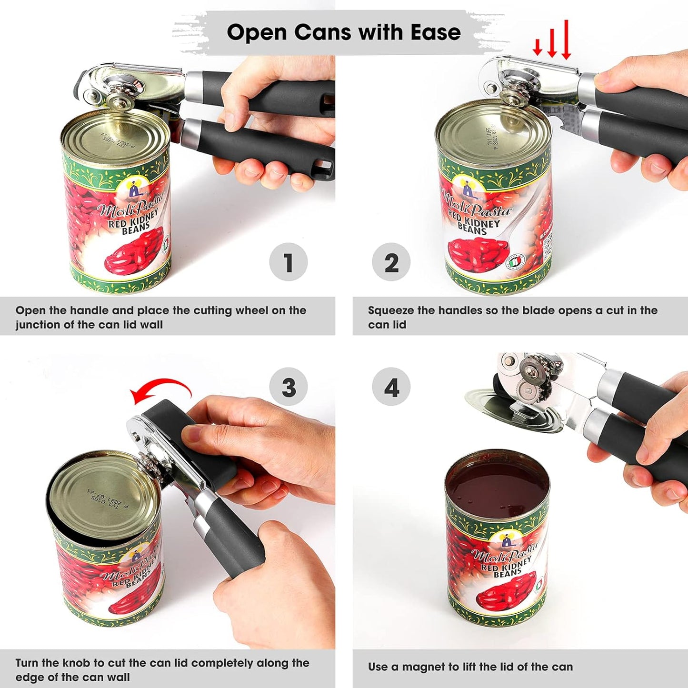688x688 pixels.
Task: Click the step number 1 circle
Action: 288,262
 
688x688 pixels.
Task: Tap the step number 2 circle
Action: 391,262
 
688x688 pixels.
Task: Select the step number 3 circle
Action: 288,387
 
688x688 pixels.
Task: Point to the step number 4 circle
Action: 391,387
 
